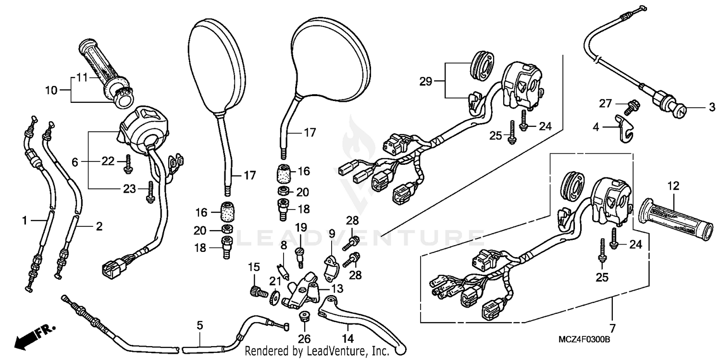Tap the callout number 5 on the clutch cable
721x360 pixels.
[x=199, y=325]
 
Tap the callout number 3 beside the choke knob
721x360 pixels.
[x=712, y=108]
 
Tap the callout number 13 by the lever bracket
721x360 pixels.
[x=338, y=288]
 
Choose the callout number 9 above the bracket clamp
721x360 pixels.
[x=332, y=234]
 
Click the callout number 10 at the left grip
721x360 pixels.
[x=51, y=89]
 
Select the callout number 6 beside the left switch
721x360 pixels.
[x=75, y=163]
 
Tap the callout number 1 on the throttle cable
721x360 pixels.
[x=24, y=221]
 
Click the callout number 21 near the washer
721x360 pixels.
[x=273, y=281]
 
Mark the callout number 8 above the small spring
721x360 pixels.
[x=284, y=244]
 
